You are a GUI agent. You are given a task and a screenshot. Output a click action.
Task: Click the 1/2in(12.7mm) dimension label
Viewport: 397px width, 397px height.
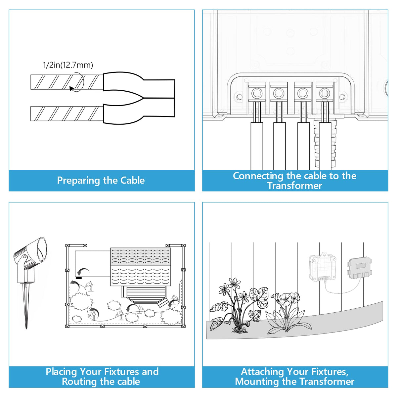coord(68,65)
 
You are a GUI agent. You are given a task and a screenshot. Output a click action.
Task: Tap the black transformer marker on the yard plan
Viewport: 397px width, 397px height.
coord(79,278)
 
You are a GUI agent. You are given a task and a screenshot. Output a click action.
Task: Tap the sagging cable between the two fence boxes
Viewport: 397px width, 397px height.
coord(341,291)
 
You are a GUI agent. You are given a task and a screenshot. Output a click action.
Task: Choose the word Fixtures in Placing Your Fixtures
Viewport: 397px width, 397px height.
coord(119,372)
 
